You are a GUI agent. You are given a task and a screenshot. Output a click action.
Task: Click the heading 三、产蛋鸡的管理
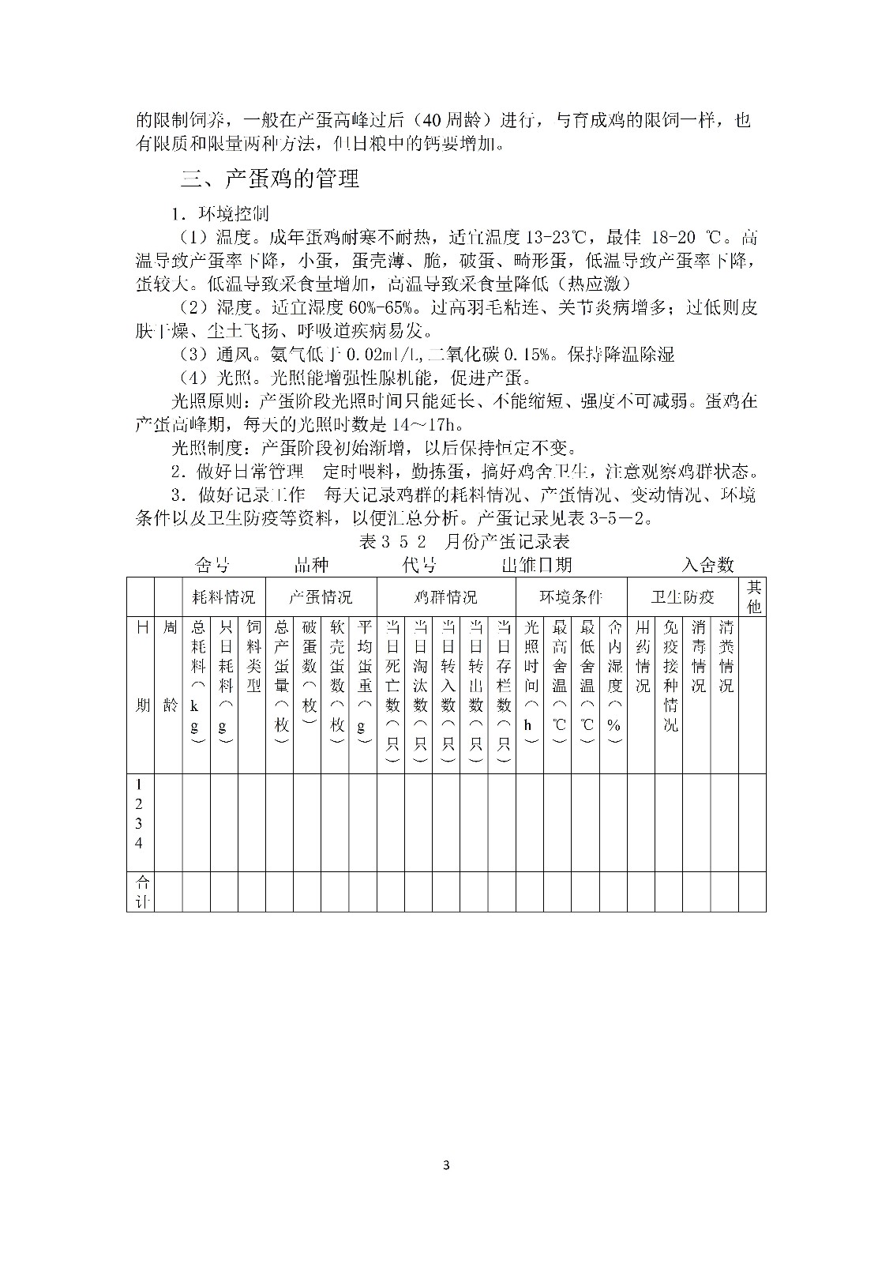(x=270, y=179)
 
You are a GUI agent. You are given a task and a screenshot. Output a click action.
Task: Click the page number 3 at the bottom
(x=447, y=1165)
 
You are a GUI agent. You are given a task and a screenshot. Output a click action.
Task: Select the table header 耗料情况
(x=224, y=597)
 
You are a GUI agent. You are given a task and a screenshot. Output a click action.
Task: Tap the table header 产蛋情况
(x=321, y=597)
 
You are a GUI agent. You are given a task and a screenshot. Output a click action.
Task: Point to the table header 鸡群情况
(x=446, y=597)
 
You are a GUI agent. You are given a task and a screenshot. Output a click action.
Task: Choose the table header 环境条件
(x=571, y=597)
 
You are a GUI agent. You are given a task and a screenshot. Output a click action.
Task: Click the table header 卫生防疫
(x=683, y=597)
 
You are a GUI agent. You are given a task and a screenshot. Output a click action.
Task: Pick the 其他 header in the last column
(x=753, y=596)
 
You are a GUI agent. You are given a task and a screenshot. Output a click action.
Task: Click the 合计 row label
(x=141, y=891)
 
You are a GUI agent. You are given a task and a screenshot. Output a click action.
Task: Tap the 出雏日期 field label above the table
(x=537, y=565)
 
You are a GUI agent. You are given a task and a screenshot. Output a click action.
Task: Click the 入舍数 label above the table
(x=708, y=565)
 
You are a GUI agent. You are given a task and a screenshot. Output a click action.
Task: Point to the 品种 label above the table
(x=311, y=565)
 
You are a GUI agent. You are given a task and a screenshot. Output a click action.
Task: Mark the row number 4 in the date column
(x=139, y=843)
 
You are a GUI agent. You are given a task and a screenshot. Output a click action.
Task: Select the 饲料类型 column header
(x=253, y=656)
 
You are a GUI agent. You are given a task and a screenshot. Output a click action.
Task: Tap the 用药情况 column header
(x=642, y=656)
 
